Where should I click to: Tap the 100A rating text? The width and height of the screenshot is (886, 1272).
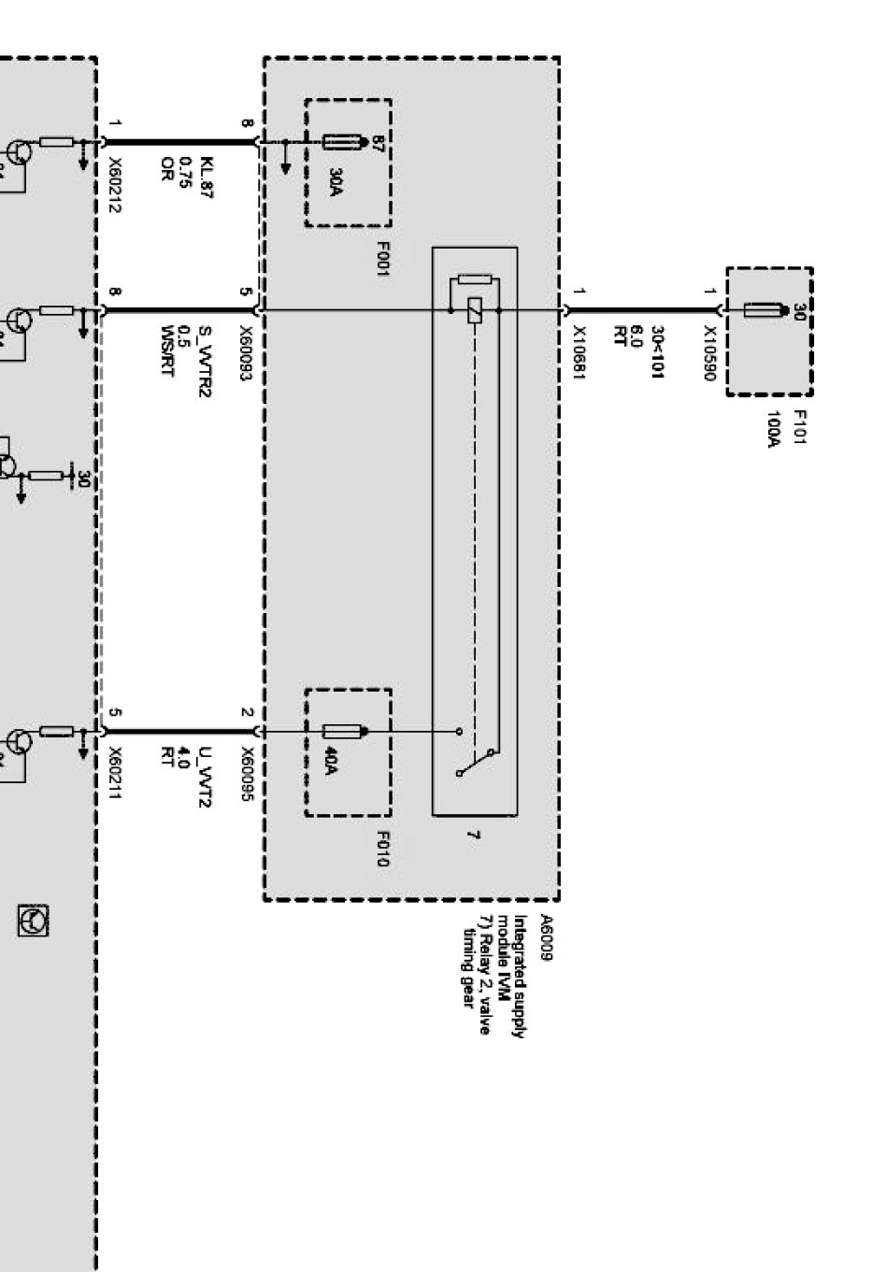(x=774, y=429)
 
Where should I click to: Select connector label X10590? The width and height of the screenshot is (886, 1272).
(x=710, y=352)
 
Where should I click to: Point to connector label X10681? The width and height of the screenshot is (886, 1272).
(x=579, y=352)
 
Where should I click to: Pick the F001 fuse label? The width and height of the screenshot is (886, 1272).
(x=382, y=258)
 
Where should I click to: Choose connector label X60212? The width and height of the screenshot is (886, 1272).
(x=114, y=183)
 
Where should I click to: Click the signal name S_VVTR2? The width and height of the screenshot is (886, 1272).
(x=205, y=360)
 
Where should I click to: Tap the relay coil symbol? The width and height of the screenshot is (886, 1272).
(x=475, y=309)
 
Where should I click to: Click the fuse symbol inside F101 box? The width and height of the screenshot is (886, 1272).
(x=759, y=309)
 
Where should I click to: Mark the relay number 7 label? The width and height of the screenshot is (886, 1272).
(x=472, y=835)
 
